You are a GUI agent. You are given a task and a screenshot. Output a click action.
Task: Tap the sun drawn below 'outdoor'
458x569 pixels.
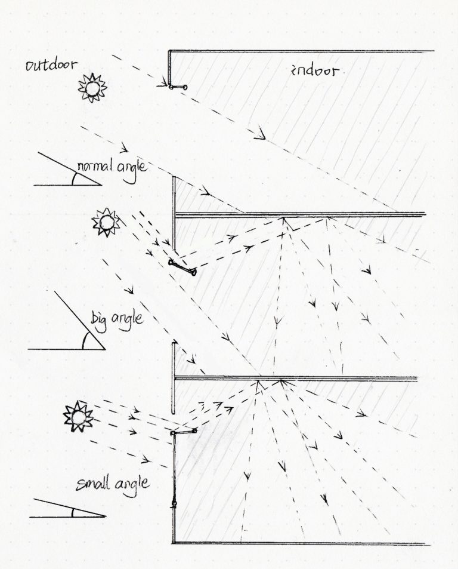(92, 87)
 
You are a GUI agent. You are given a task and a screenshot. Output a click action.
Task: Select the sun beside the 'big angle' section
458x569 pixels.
(106, 223)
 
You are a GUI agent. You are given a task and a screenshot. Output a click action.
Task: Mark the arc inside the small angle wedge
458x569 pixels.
(72, 512)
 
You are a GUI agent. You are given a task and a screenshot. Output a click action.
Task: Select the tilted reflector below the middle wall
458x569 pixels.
(183, 267)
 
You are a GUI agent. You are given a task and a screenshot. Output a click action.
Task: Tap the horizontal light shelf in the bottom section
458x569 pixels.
(184, 431)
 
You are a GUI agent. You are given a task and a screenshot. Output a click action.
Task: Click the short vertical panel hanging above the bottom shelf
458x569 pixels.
(173, 377)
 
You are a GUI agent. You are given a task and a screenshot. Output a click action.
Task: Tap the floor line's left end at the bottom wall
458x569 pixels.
(174, 543)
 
